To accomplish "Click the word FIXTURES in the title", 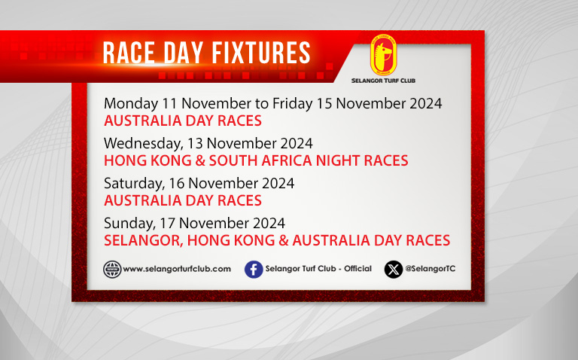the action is tap(261, 53).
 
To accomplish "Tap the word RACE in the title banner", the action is tap(129, 53).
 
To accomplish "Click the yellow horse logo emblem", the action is tap(383, 55).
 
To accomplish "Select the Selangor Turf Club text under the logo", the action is tap(383, 81).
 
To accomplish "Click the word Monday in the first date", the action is tap(131, 104).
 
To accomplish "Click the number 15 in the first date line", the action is tap(324, 103).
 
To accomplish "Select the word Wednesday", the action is tap(144, 144).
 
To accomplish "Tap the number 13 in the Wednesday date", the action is tap(195, 143).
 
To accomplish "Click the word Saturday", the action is tap(134, 183).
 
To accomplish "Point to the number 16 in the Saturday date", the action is tap(177, 183).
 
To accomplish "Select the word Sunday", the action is tap(129, 223).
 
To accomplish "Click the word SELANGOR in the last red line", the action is tap(144, 240).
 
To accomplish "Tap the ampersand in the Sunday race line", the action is tap(284, 240).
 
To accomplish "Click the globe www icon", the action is tap(112, 270).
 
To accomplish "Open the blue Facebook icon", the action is tap(254, 270).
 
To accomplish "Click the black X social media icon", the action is tap(394, 270).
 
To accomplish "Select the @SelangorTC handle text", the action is tap(430, 269).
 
